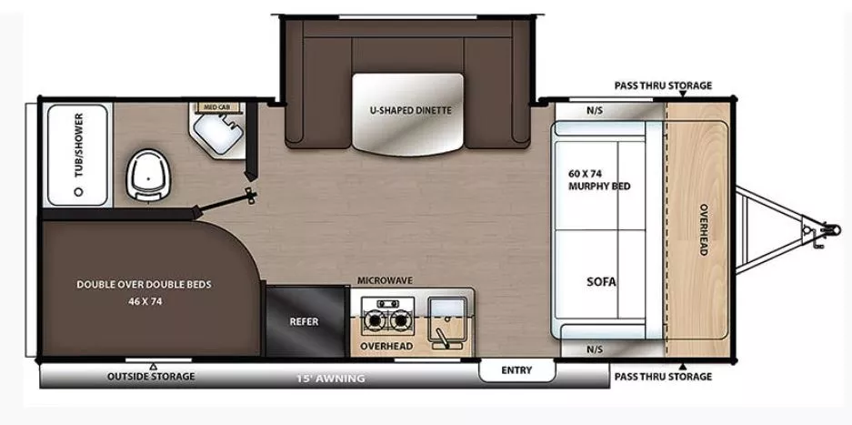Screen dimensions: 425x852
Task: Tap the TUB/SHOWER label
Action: pos(78,146)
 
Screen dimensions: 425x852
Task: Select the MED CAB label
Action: pos(216,107)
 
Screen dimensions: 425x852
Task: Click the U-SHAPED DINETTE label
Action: pos(410,110)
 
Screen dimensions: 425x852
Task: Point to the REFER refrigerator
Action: pos(304,322)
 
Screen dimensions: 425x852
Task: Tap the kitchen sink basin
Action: pos(448,312)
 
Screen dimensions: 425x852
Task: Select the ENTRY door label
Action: pos(516,370)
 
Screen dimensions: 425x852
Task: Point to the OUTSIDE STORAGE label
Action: pos(151,376)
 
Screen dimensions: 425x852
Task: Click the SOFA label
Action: pos(601,282)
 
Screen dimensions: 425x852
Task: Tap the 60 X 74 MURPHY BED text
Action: pos(598,179)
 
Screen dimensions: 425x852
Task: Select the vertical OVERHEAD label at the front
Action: pos(703,228)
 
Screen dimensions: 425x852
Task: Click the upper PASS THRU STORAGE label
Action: pos(663,86)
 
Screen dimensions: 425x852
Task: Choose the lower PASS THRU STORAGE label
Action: pos(663,376)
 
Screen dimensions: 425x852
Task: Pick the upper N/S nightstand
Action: pos(595,111)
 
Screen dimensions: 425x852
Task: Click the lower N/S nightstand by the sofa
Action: pos(595,349)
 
